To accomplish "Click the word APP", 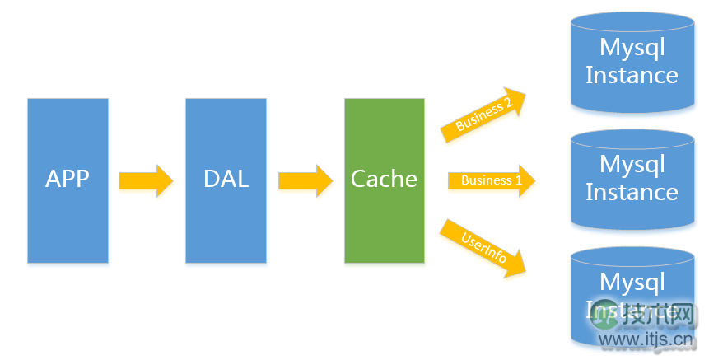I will pyautogui.click(x=68, y=179).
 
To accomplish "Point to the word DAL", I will pyautogui.click(x=226, y=179).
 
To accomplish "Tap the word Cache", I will pyautogui.click(x=384, y=179).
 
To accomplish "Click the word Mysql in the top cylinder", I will pyautogui.click(x=632, y=47).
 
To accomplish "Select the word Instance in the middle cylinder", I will pyautogui.click(x=632, y=192).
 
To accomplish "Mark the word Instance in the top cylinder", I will pyautogui.click(x=632, y=75).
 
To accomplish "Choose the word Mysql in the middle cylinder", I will pyautogui.click(x=632, y=164).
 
